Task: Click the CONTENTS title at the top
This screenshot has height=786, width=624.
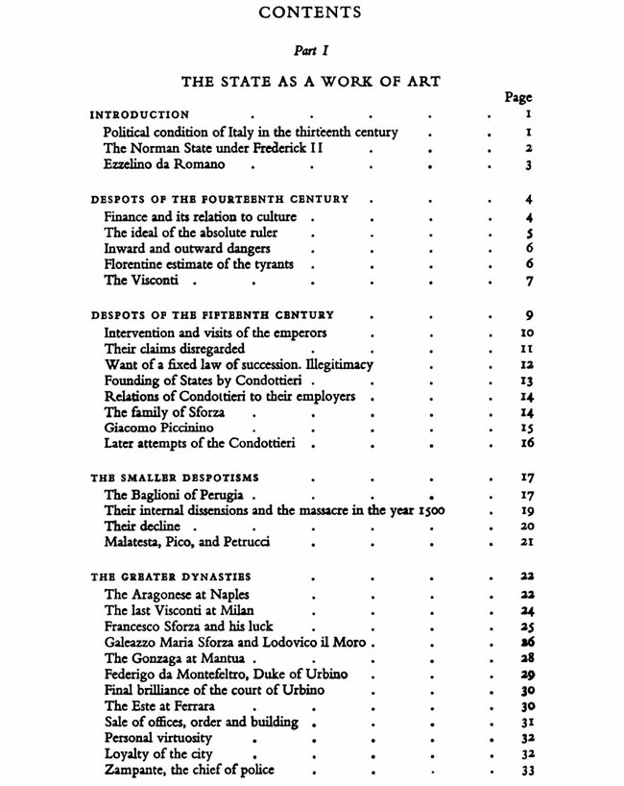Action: pos(311,13)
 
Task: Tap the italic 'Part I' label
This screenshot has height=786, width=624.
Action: pos(311,51)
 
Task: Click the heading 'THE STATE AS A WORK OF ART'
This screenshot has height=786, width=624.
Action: pos(311,83)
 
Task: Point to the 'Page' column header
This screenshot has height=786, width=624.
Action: pos(518,98)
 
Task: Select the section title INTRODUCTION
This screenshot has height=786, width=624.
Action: pos(139,114)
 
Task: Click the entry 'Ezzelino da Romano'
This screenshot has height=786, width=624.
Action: pos(164,165)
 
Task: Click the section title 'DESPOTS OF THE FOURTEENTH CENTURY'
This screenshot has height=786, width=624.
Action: pos(220,200)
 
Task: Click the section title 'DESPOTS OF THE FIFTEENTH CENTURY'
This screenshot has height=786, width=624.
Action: pos(212,315)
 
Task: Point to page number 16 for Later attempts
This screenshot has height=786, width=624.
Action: pos(525,444)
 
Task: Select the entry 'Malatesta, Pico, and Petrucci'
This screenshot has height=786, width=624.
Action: pos(187,543)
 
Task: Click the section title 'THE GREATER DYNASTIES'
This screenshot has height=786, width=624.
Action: pos(171,577)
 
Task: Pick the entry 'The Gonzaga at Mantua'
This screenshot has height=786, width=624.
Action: pos(176,659)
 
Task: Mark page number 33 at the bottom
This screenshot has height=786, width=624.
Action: pos(525,771)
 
